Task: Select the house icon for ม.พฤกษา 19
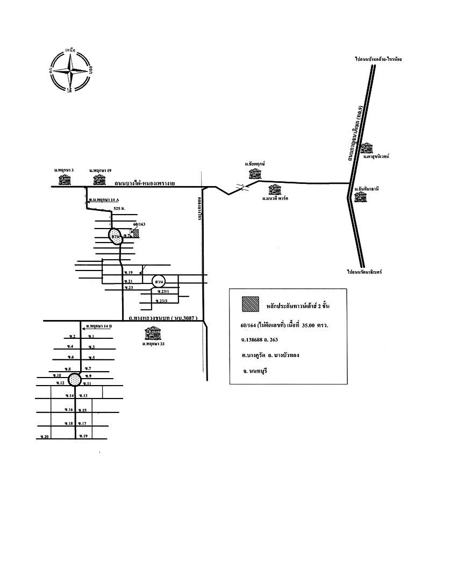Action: point(99,180)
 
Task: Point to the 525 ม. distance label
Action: point(119,208)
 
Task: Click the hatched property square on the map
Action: point(136,233)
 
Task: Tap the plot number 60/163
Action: point(139,224)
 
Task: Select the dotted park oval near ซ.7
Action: point(116,236)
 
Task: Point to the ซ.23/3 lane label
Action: point(162,300)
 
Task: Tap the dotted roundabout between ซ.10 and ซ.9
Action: point(76,380)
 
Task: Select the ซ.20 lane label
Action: point(45,436)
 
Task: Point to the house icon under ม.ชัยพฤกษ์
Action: point(255,173)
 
